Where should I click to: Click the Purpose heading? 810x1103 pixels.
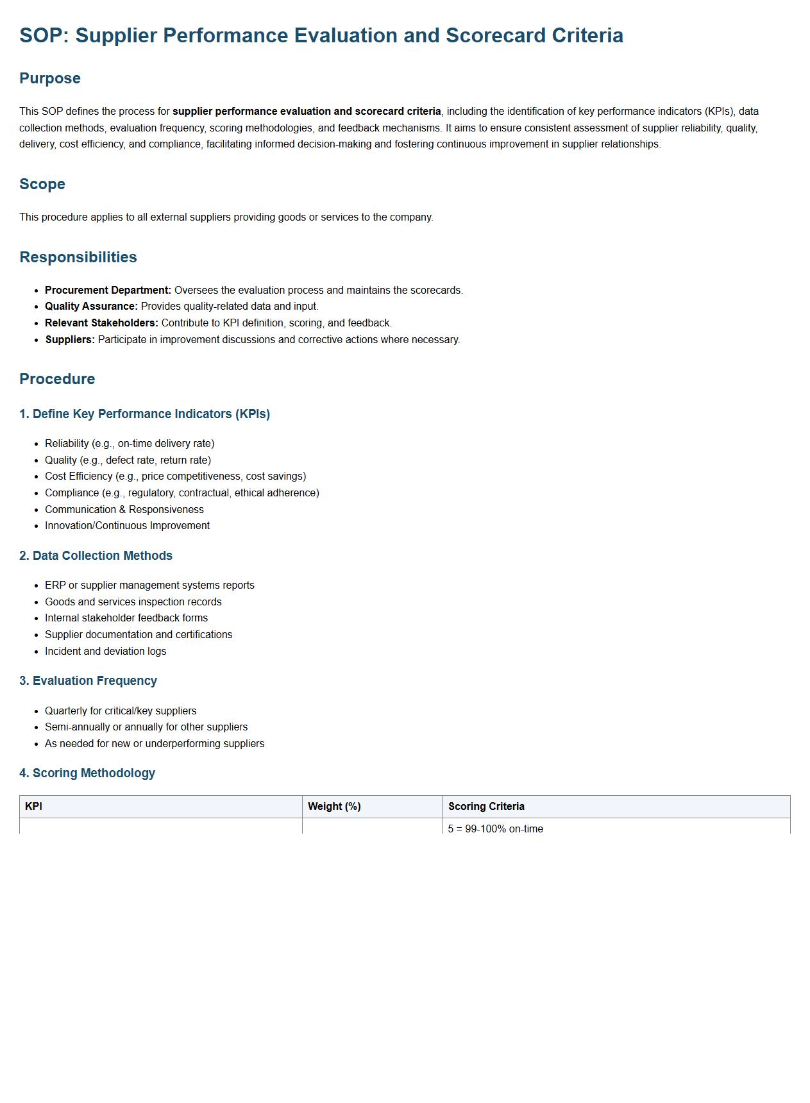pos(50,78)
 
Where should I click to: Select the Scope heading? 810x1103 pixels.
pos(42,184)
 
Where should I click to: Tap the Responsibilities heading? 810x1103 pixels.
pos(78,257)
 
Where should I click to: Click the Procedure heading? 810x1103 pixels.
pos(57,379)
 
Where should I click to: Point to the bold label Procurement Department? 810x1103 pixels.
pos(108,290)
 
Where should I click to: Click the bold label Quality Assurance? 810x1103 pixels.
pos(91,307)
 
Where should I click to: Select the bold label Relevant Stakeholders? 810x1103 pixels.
pos(101,323)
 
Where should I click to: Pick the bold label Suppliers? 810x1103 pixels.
pos(70,340)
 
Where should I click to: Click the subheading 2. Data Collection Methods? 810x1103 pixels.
pos(96,556)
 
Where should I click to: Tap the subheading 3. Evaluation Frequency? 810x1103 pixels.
pos(88,681)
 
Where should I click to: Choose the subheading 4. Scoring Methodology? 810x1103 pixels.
pos(87,773)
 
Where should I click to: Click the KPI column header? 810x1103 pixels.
pos(33,807)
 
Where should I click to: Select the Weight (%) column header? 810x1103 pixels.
pos(334,807)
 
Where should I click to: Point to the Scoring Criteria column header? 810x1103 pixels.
pos(486,807)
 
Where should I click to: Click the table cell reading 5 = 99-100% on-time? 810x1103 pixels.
pos(495,829)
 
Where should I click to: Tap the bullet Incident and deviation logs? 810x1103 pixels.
pos(105,652)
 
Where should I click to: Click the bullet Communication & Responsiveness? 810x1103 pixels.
pos(124,510)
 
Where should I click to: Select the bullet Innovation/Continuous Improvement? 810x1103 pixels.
pos(127,526)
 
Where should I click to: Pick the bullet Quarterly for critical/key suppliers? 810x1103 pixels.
pos(121,711)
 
